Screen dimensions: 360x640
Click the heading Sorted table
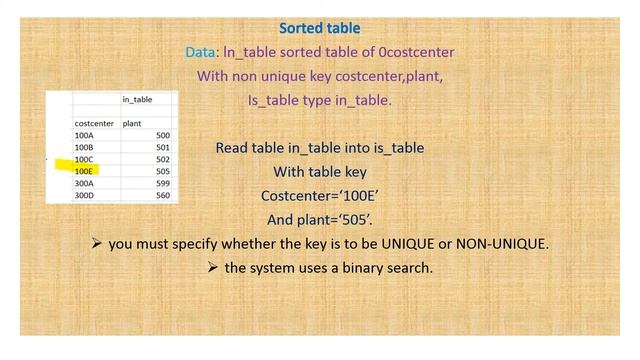pyautogui.click(x=319, y=28)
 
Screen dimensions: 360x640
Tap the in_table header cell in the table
pyautogui.click(x=137, y=99)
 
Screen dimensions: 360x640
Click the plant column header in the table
pyautogui.click(x=132, y=123)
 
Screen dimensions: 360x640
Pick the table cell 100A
pyautogui.click(x=84, y=135)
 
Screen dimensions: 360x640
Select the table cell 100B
pyautogui.click(x=84, y=147)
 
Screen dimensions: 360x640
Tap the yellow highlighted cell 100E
pyautogui.click(x=84, y=171)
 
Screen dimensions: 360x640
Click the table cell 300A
pyautogui.click(x=84, y=183)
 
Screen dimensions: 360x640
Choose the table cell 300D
pyautogui.click(x=84, y=196)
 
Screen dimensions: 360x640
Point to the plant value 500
pyautogui.click(x=163, y=135)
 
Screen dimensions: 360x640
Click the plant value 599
pyautogui.click(x=163, y=183)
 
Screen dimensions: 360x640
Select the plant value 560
pyautogui.click(x=163, y=196)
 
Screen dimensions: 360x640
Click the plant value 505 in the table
pyautogui.click(x=163, y=171)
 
